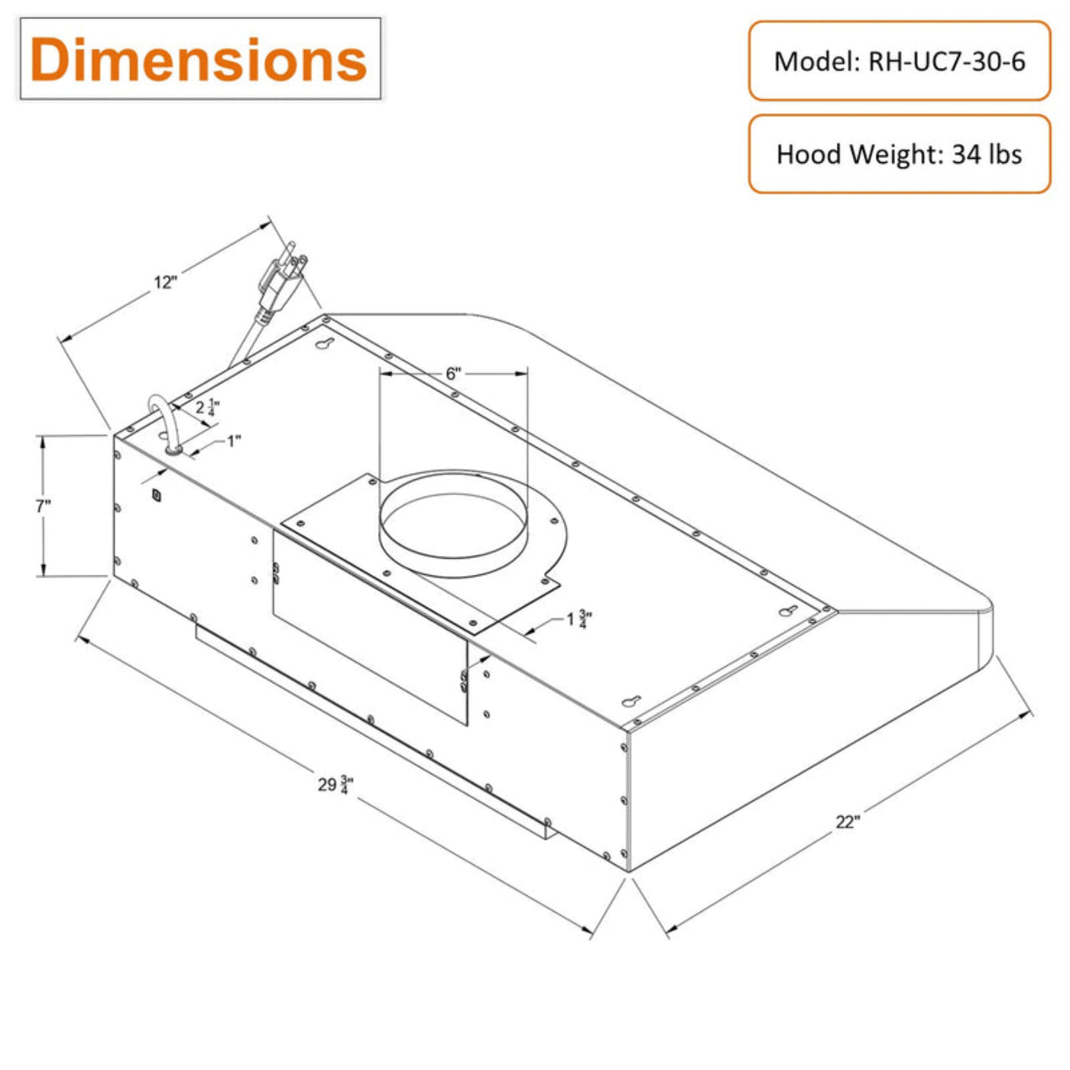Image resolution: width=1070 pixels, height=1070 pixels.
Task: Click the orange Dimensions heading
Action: (198, 60)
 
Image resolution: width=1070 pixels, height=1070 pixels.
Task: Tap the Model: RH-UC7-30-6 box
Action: (899, 60)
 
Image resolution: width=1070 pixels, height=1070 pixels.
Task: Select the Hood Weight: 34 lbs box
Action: (899, 154)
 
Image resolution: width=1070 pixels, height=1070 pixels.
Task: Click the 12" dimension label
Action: (166, 283)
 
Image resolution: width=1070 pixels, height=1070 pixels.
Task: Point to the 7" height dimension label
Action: (44, 507)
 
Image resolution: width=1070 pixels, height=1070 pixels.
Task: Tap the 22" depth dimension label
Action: (848, 822)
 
